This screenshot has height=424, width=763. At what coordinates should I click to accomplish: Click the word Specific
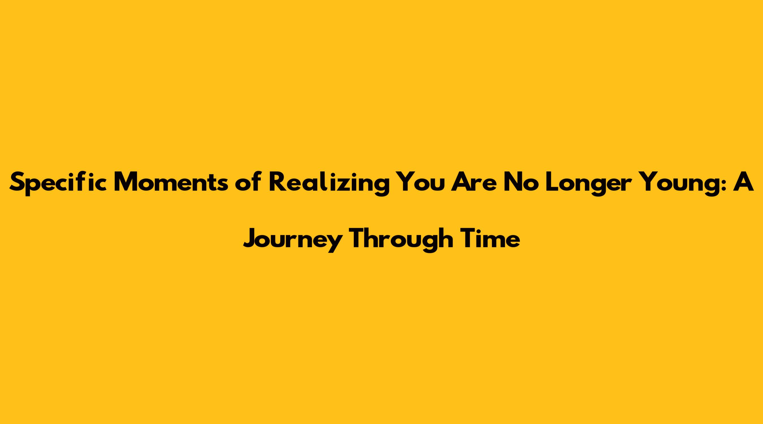[58, 183]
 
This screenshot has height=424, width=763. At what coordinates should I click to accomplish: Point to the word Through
[402, 239]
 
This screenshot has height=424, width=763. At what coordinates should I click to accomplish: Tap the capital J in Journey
[250, 238]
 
